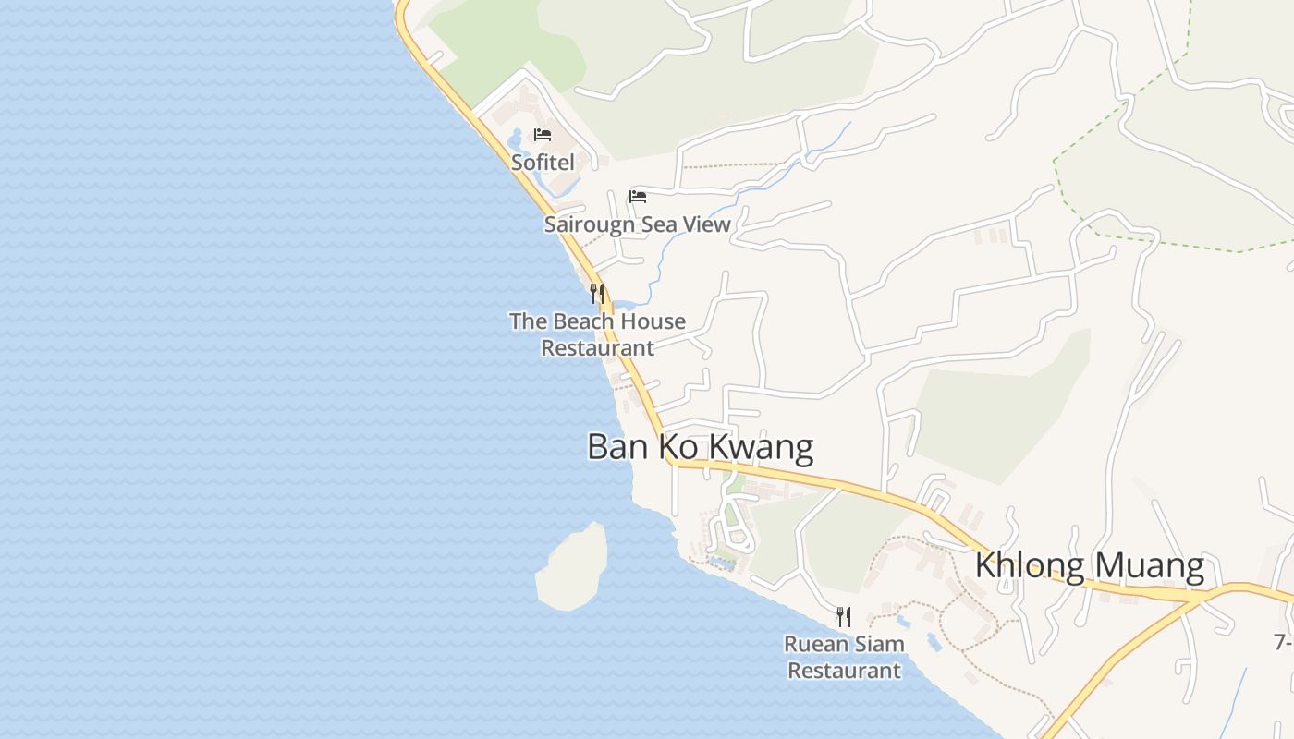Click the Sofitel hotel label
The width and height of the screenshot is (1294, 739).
(x=543, y=163)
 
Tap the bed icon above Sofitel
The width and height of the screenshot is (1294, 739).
(x=543, y=135)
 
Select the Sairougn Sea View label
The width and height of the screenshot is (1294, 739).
(x=637, y=224)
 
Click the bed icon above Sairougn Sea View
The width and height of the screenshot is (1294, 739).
(x=637, y=196)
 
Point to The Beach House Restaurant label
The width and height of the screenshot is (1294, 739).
(x=597, y=334)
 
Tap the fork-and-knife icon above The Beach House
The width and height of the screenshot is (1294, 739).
(x=597, y=294)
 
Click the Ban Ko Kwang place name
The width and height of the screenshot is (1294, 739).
(x=700, y=447)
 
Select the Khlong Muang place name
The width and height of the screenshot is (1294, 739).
(x=1090, y=565)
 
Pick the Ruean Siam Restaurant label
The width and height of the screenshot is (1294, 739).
(x=844, y=657)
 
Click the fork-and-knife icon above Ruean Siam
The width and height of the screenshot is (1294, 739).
(x=844, y=616)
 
